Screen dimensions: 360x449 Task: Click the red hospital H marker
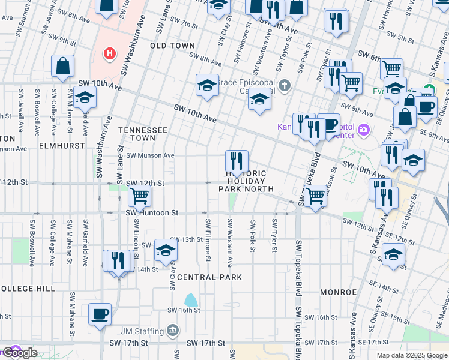(x=109, y=54)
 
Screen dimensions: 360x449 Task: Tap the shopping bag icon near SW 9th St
(x=62, y=67)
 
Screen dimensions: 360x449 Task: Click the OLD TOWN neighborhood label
(x=172, y=46)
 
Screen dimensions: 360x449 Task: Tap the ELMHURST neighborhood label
(x=59, y=145)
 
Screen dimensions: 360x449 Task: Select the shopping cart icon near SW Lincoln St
(x=139, y=195)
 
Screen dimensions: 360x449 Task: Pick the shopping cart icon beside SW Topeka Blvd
(x=315, y=195)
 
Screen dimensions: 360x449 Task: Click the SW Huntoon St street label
(x=152, y=212)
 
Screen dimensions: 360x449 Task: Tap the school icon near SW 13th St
(x=166, y=250)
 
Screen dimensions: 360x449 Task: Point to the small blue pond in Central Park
(x=191, y=299)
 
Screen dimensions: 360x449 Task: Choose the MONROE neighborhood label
(x=339, y=292)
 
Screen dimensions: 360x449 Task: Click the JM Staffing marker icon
(x=173, y=331)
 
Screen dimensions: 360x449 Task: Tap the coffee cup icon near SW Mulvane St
(x=100, y=314)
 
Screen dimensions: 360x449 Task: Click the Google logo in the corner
(x=20, y=353)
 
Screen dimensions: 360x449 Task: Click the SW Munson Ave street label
(x=148, y=155)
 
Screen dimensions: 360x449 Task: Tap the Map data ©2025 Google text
(x=412, y=355)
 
